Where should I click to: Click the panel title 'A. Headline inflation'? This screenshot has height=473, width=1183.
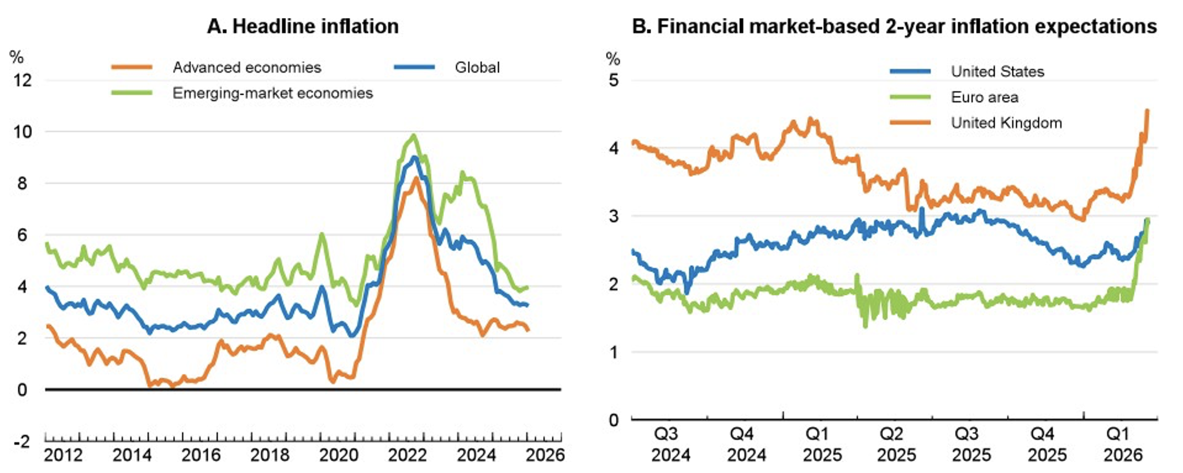pyautogui.click(x=303, y=26)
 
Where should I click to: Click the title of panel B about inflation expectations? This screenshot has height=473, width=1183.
pyautogui.click(x=894, y=26)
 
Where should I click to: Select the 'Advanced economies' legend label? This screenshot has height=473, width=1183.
pyautogui.click(x=247, y=67)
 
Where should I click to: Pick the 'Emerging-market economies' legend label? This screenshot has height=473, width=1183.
pyautogui.click(x=272, y=93)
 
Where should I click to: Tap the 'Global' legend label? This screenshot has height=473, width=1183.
pyautogui.click(x=477, y=67)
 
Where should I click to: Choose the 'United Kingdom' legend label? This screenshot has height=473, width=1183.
pyautogui.click(x=1006, y=123)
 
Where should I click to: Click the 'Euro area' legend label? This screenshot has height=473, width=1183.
pyautogui.click(x=984, y=97)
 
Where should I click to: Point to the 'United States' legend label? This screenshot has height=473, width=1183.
pyautogui.click(x=997, y=72)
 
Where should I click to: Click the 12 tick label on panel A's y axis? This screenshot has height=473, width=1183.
pyautogui.click(x=22, y=81)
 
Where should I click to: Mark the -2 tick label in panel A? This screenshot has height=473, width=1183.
pyautogui.click(x=21, y=442)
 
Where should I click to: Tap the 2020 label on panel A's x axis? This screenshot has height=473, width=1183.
pyautogui.click(x=338, y=455)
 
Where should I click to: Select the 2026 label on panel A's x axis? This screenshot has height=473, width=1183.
pyautogui.click(x=545, y=455)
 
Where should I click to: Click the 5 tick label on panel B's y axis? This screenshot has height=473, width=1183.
pyautogui.click(x=613, y=81)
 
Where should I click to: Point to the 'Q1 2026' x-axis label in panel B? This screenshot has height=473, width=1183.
pyautogui.click(x=1122, y=445)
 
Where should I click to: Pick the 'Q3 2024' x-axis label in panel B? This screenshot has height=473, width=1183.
pyautogui.click(x=670, y=445)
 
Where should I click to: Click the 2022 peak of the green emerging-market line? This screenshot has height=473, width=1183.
pyautogui.click(x=414, y=136)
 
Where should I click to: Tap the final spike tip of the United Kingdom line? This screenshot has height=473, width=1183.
pyautogui.click(x=1147, y=110)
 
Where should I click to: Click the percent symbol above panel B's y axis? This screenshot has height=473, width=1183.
pyautogui.click(x=612, y=59)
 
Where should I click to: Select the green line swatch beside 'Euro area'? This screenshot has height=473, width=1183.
pyautogui.click(x=910, y=97)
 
